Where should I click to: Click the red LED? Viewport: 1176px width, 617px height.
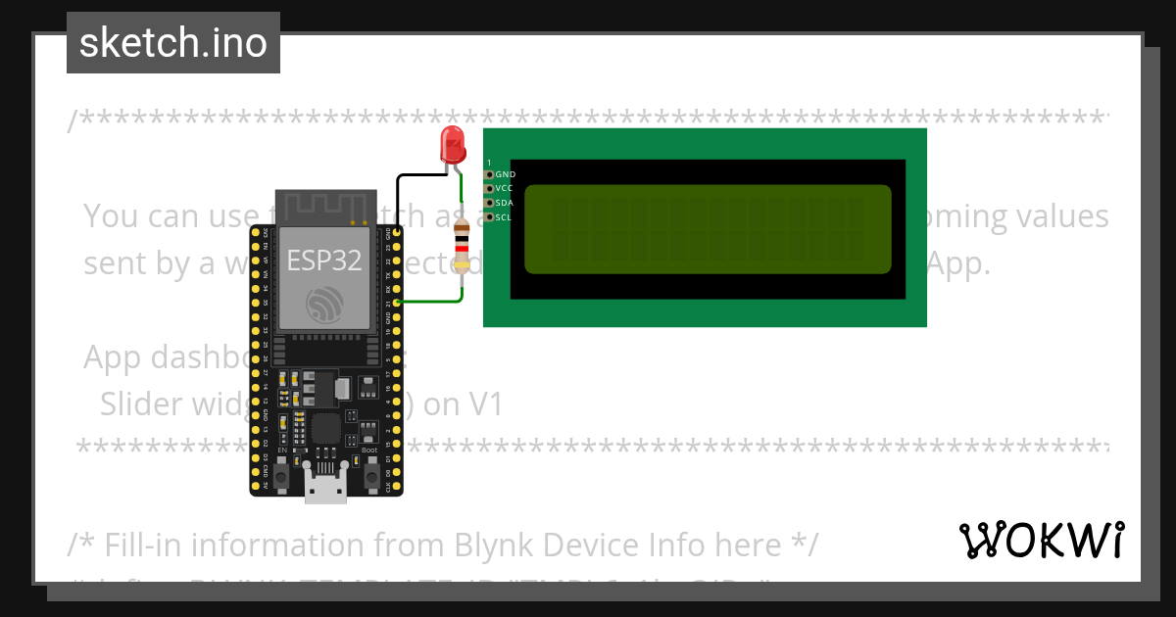tap(453, 144)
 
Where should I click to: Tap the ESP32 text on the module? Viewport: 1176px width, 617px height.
tap(324, 261)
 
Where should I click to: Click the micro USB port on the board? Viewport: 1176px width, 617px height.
tap(325, 486)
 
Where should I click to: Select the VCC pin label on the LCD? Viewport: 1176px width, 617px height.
tap(505, 187)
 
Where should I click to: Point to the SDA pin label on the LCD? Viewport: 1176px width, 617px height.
tap(505, 203)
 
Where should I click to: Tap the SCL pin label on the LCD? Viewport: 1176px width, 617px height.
tap(504, 217)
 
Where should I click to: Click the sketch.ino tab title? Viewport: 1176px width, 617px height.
tap(173, 43)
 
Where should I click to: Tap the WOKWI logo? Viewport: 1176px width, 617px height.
tap(1041, 541)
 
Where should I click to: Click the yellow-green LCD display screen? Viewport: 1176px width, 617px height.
tap(708, 229)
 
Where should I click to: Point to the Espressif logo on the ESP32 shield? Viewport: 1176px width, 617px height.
tap(324, 307)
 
